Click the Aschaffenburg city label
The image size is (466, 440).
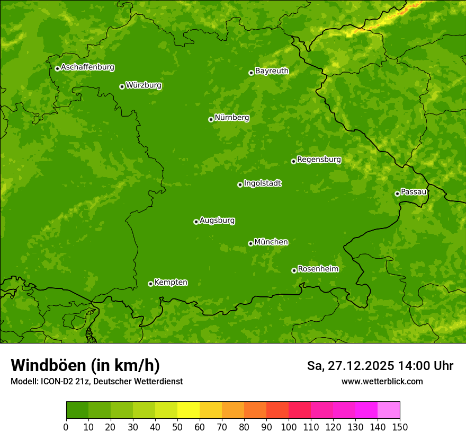[87, 67]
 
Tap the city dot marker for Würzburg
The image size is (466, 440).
[122, 86]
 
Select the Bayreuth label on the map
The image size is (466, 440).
[272, 71]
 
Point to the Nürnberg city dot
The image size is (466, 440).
[211, 119]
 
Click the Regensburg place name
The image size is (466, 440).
[319, 160]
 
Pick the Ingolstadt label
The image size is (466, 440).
[262, 183]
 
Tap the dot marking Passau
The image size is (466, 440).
[397, 193]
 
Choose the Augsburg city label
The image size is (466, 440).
[217, 221]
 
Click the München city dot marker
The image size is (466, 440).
[250, 243]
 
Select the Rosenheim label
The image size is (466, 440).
[318, 269]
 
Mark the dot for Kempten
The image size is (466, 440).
[150, 284]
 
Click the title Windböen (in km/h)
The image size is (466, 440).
[85, 365]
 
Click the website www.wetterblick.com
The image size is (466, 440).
[382, 381]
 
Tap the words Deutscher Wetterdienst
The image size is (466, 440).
[138, 381]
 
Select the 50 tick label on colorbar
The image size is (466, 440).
[177, 427]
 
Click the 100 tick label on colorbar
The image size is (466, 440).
[289, 427]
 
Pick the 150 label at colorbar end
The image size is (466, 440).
[400, 427]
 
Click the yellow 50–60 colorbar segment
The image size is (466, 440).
[188, 410]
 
